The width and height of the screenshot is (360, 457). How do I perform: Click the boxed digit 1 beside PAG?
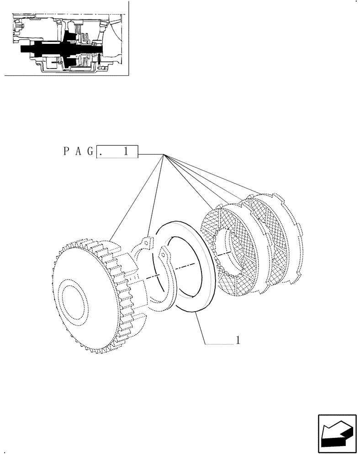[125, 152]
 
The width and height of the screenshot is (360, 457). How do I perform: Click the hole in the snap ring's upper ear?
[147, 240]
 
